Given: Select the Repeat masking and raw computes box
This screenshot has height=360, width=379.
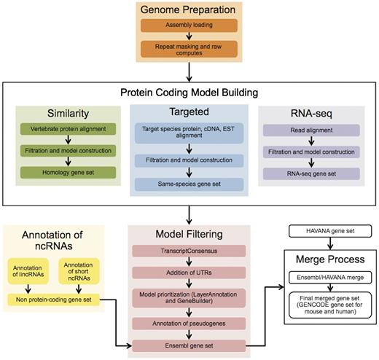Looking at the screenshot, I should point(189,50).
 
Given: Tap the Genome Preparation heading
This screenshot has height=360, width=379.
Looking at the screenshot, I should point(189,10).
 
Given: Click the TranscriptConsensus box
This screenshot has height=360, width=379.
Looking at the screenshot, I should point(189,252).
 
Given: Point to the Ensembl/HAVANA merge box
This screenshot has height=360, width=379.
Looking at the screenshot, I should point(331,279).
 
